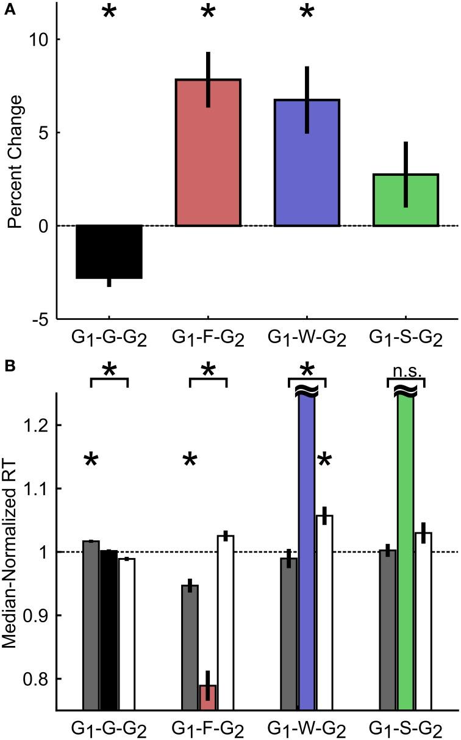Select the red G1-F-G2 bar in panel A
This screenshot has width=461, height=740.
point(208,153)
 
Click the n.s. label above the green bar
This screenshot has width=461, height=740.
point(406,370)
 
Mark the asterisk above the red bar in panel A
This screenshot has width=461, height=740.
point(208,12)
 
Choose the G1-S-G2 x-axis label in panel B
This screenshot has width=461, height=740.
point(406,728)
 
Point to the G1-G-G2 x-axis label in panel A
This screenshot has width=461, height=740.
point(109,336)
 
